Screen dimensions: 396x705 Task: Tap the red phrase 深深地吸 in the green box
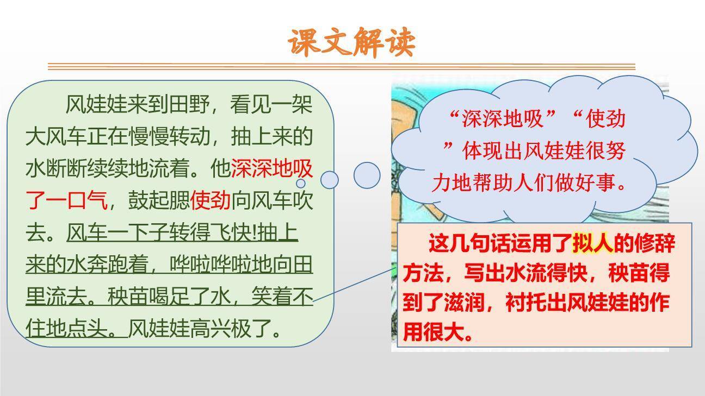[x=272, y=169]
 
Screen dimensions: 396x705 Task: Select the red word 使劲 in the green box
[x=211, y=201]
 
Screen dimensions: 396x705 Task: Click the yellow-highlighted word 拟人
[x=593, y=243]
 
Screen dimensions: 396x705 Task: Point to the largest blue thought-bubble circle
[x=367, y=175]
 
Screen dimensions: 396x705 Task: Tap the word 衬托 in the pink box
[x=524, y=303]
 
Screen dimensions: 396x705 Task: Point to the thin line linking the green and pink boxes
[x=354, y=284]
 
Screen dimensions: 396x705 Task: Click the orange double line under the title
[x=342, y=67]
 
